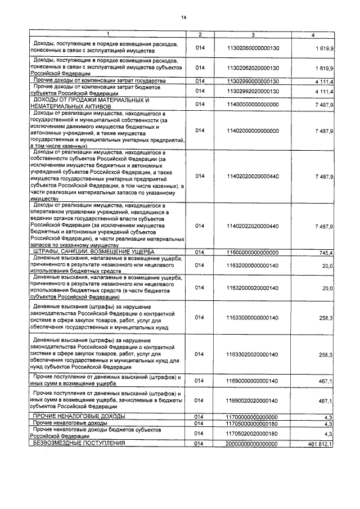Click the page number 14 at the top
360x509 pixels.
pos(183,17)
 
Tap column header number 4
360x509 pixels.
pos(313,35)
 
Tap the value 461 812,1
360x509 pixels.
pos(321,444)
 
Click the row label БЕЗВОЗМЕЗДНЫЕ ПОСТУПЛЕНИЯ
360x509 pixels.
pos(79,444)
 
